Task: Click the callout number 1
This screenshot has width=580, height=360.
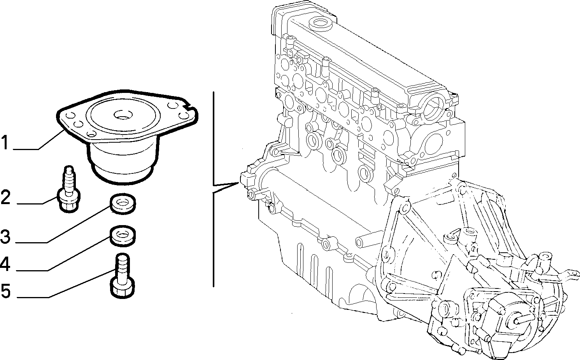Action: [x=5, y=142]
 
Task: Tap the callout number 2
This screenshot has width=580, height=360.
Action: [x=5, y=197]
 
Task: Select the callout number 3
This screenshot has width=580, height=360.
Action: [x=5, y=236]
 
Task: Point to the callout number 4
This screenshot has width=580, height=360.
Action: [x=5, y=264]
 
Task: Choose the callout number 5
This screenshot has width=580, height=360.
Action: [x=5, y=290]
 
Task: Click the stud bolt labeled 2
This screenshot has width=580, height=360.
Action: [x=68, y=189]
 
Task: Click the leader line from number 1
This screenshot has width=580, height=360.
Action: [x=39, y=140]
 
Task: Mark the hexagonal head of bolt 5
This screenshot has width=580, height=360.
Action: [x=123, y=288]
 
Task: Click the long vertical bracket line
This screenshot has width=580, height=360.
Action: [x=213, y=189]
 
